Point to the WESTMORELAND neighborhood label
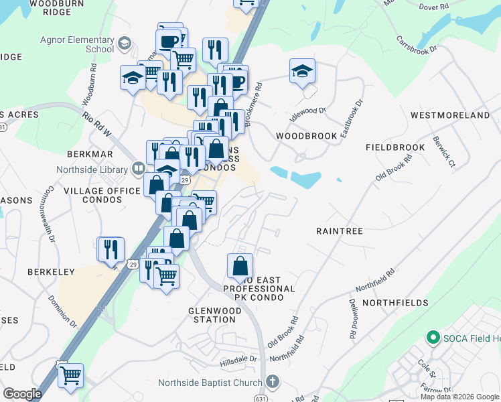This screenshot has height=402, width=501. [450, 115]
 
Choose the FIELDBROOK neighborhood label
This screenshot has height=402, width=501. [395, 147]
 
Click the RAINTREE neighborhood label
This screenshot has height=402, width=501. [339, 230]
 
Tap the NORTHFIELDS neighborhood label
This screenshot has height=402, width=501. [395, 303]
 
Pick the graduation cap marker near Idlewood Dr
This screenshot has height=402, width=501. [303, 72]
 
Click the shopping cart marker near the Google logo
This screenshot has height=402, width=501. [70, 375]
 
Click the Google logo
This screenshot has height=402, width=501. [22, 394]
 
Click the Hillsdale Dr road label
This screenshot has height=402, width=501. [238, 359]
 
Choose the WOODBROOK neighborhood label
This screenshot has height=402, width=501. [307, 135]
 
